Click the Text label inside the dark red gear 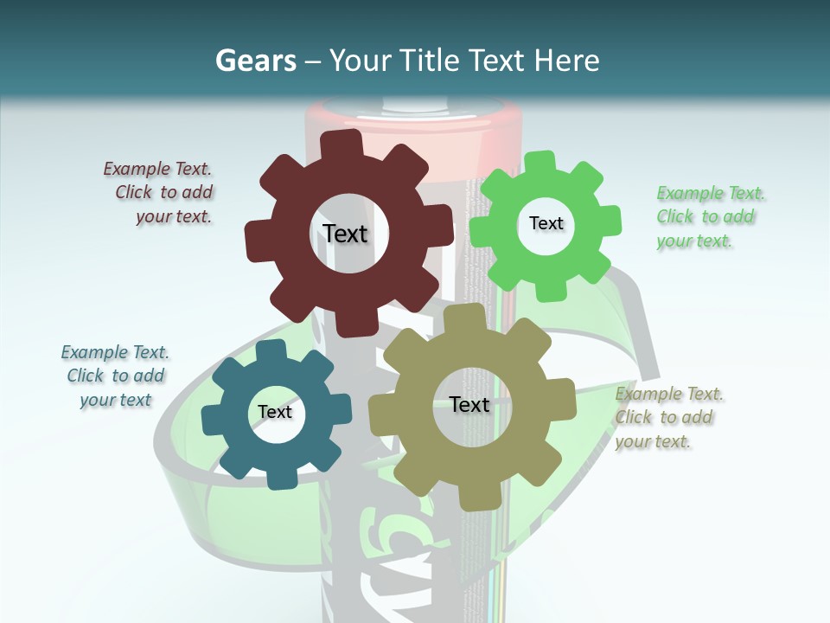coord(345,234)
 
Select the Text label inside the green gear coord(546,223)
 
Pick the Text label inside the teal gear coord(275,412)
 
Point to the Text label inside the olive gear coord(469,404)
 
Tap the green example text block coord(710,217)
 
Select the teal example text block coord(115,376)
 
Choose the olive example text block coord(669,418)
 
